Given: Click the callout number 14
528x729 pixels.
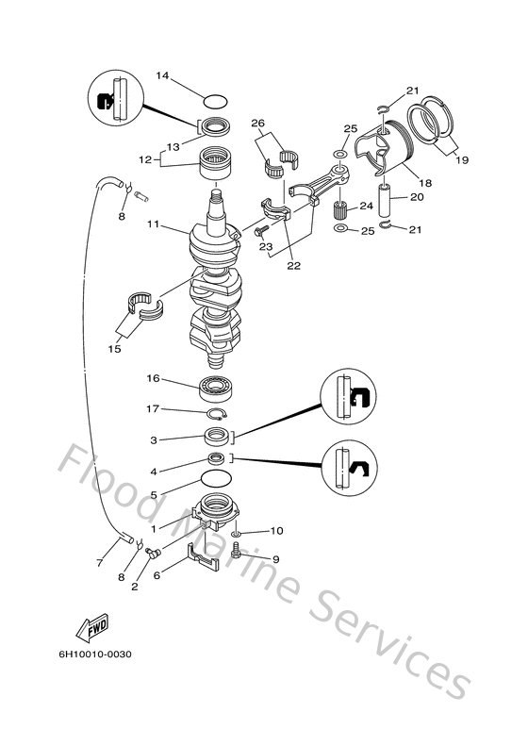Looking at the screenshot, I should point(162,75).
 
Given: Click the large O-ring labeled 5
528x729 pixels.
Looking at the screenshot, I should point(217,480).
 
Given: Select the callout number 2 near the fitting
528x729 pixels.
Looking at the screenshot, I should point(135,586).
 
